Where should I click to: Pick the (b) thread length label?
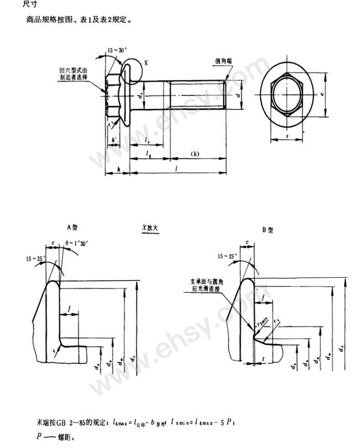(195, 154)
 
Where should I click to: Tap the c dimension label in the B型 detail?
(247, 242)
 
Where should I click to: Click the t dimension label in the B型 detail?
(264, 359)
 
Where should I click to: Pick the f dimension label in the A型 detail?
(69, 309)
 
